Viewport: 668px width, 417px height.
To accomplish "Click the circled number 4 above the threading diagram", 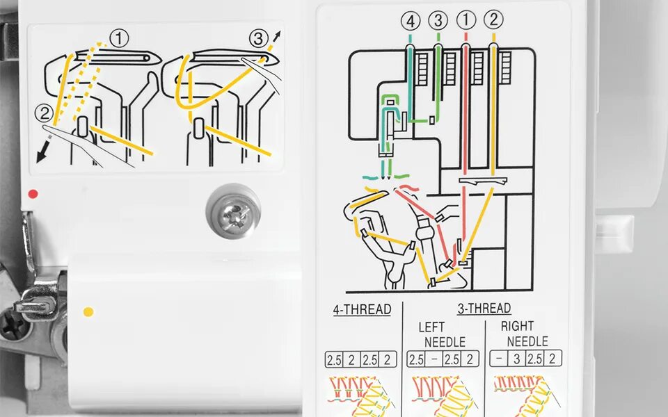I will click(x=411, y=22).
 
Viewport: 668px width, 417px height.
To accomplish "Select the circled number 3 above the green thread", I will click(x=438, y=22).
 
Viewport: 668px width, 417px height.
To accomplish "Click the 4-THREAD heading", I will click(x=362, y=309).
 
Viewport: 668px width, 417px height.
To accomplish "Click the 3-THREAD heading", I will click(x=484, y=308).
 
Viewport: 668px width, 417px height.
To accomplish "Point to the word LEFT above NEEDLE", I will click(x=431, y=326).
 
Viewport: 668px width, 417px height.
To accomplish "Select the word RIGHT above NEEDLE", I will click(x=518, y=325).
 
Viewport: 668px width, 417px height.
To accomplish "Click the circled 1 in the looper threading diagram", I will click(x=119, y=39).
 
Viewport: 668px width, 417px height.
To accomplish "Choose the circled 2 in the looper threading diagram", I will click(x=42, y=111).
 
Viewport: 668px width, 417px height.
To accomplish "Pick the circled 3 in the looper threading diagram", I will click(x=259, y=38).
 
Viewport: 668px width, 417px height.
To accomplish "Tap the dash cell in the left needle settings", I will click(x=434, y=359).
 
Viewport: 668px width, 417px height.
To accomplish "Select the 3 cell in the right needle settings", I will click(x=517, y=359).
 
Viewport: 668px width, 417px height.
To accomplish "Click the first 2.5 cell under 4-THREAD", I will click(x=334, y=359).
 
